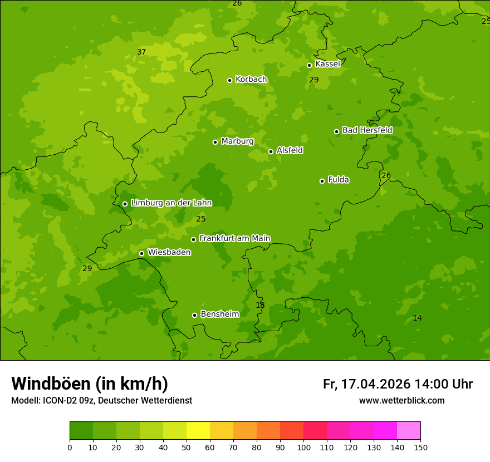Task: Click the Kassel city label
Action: [327, 64]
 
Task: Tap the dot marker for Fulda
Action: [322, 181]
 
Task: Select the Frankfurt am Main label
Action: [234, 238]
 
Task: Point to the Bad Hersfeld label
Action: [367, 130]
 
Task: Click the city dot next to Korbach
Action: [229, 80]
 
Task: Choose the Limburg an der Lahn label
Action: [171, 203]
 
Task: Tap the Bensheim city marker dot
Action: [194, 315]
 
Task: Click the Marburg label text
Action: [237, 141]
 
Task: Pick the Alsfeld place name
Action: [290, 150]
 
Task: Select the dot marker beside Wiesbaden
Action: [141, 253]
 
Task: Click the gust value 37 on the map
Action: [141, 52]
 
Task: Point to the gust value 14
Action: [417, 318]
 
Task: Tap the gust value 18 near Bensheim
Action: [260, 305]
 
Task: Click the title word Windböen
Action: [51, 384]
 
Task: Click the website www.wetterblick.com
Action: [401, 400]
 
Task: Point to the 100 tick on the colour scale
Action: [303, 446]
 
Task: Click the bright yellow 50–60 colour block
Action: [198, 431]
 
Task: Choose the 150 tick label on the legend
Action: [420, 446]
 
